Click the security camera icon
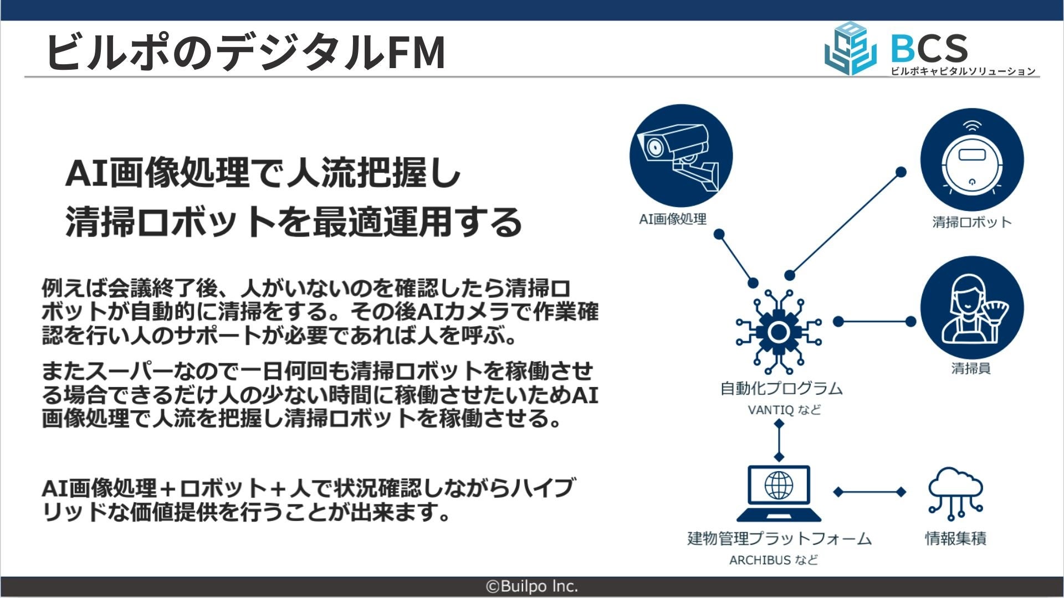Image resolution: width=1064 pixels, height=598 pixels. point(681,156)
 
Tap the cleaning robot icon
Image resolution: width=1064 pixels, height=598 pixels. point(971,161)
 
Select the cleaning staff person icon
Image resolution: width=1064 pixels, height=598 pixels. point(971,307)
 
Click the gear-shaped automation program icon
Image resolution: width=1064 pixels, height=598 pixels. point(779,332)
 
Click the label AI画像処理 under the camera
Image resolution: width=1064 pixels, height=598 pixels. point(673,219)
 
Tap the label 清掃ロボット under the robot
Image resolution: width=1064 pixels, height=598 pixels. point(971,223)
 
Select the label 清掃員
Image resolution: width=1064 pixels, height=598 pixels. point(971,368)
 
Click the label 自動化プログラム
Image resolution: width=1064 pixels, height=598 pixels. point(781,389)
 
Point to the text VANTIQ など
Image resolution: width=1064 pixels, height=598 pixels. point(784,410)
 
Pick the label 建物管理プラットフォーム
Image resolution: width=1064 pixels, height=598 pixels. point(779,538)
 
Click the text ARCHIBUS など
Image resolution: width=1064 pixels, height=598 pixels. point(774,560)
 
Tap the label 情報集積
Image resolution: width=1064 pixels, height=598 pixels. point(955,538)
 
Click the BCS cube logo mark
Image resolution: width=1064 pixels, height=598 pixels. point(851,49)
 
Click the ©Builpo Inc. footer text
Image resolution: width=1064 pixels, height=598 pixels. point(532,586)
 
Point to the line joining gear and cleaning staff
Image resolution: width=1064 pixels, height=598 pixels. point(874,321)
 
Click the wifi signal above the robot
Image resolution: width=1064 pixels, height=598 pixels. point(971,126)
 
